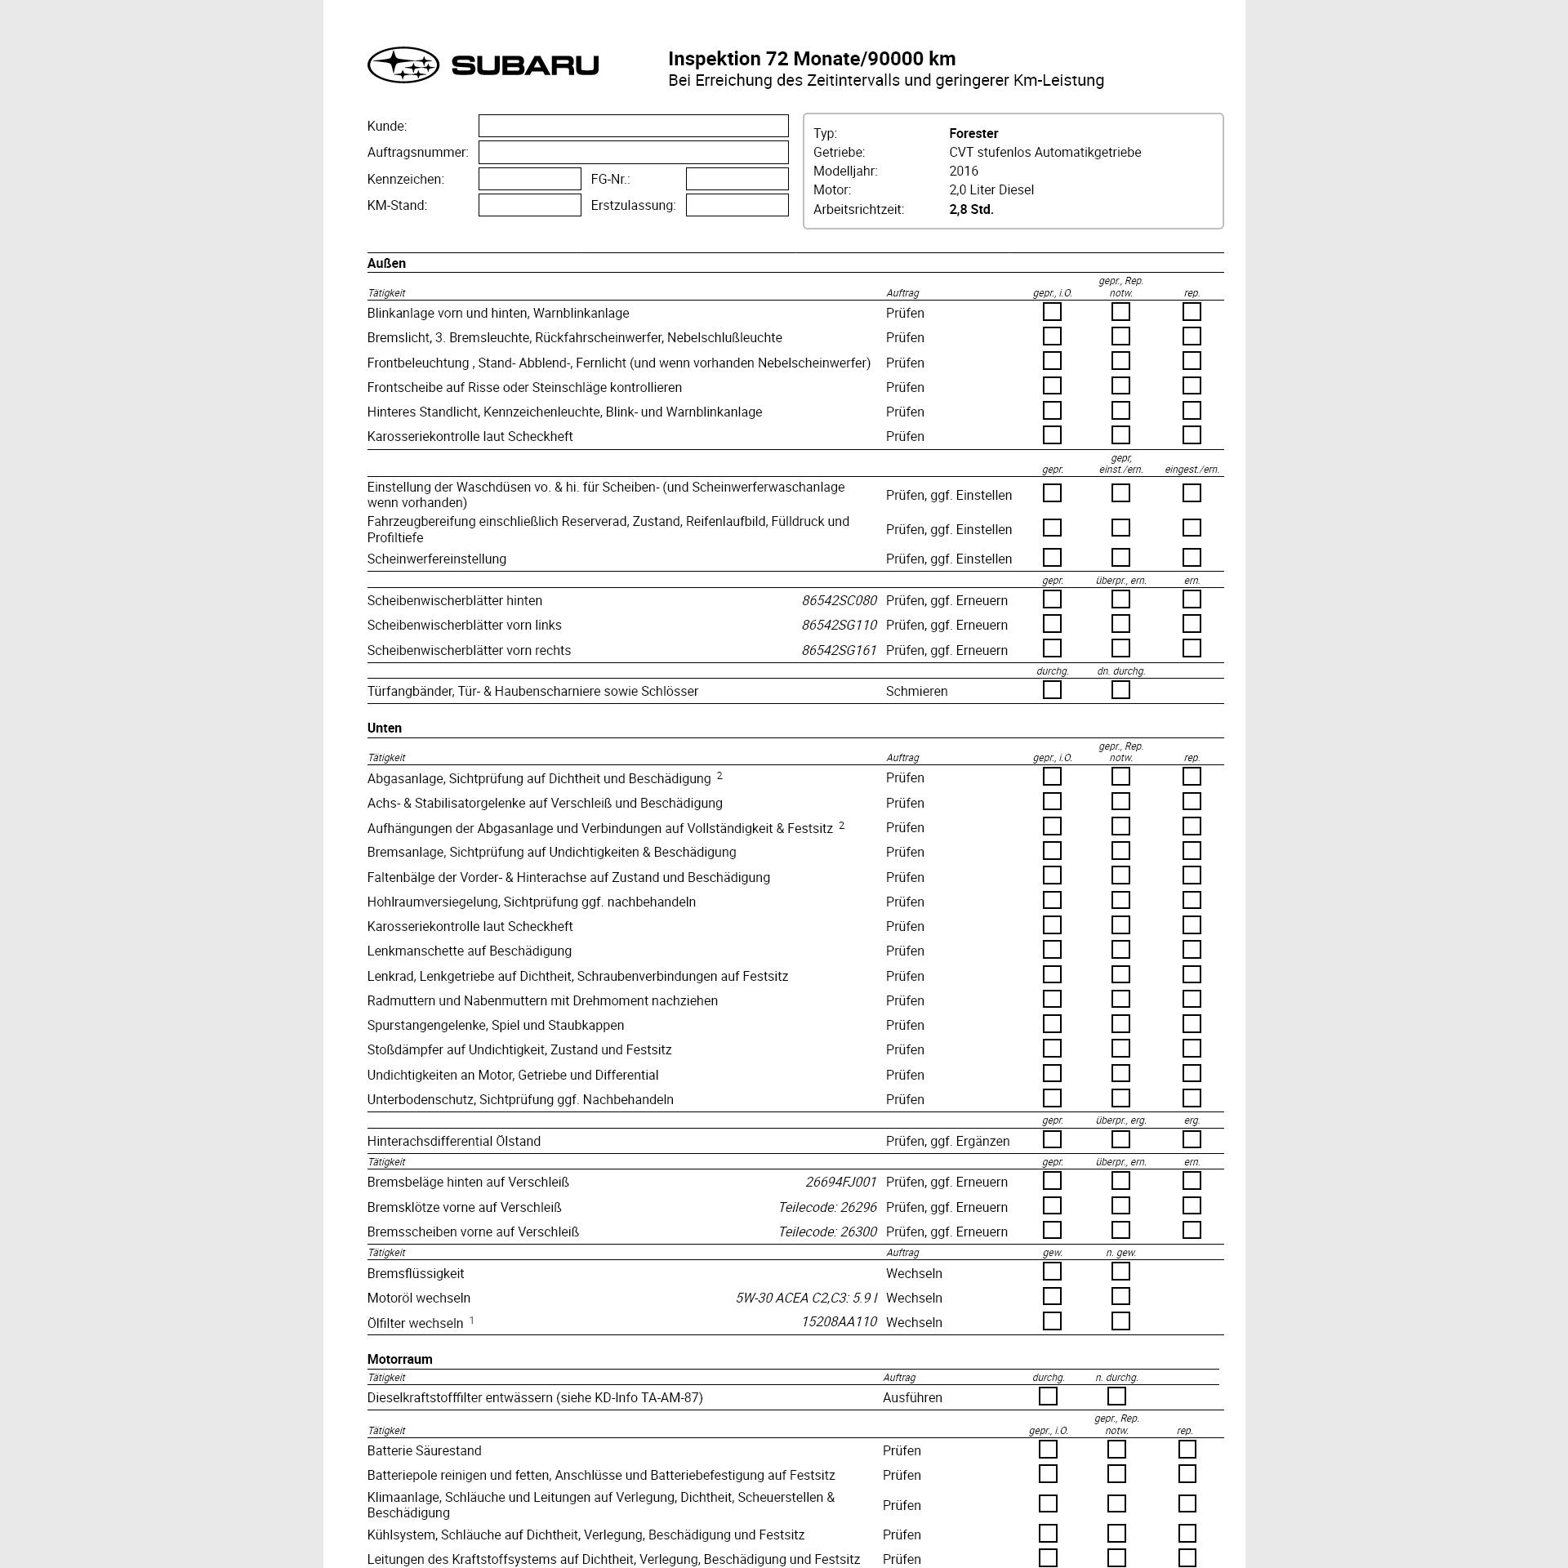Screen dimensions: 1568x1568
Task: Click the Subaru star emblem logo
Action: coord(403,65)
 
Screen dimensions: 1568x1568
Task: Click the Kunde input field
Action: coord(633,126)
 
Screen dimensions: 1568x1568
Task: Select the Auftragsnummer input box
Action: coord(633,152)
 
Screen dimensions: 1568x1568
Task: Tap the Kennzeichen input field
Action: coord(529,179)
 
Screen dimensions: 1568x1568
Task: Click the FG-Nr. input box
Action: coord(737,179)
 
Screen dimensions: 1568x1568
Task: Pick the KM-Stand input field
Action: coord(529,205)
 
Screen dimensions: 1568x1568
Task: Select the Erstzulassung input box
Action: coord(737,205)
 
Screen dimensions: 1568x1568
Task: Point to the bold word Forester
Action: coord(973,133)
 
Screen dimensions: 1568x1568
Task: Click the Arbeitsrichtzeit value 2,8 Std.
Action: coord(971,209)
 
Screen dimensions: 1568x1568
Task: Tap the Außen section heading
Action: coord(386,263)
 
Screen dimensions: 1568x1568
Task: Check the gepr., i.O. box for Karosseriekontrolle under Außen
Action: coord(1052,435)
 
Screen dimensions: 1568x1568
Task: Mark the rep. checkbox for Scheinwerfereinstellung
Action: coord(1192,558)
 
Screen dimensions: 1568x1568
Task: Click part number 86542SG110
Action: coord(839,625)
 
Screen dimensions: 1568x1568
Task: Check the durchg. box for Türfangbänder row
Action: coord(1052,690)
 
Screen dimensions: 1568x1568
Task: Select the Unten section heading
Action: coord(385,728)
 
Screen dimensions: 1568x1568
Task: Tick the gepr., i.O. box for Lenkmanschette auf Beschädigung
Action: coord(1052,950)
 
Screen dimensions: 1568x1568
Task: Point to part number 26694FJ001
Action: coord(840,1182)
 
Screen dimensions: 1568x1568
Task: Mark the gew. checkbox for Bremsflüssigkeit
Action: coord(1052,1272)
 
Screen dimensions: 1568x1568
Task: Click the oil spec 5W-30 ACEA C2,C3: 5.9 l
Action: coord(806,1298)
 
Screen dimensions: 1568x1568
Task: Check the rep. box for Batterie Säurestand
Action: coord(1187,1450)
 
